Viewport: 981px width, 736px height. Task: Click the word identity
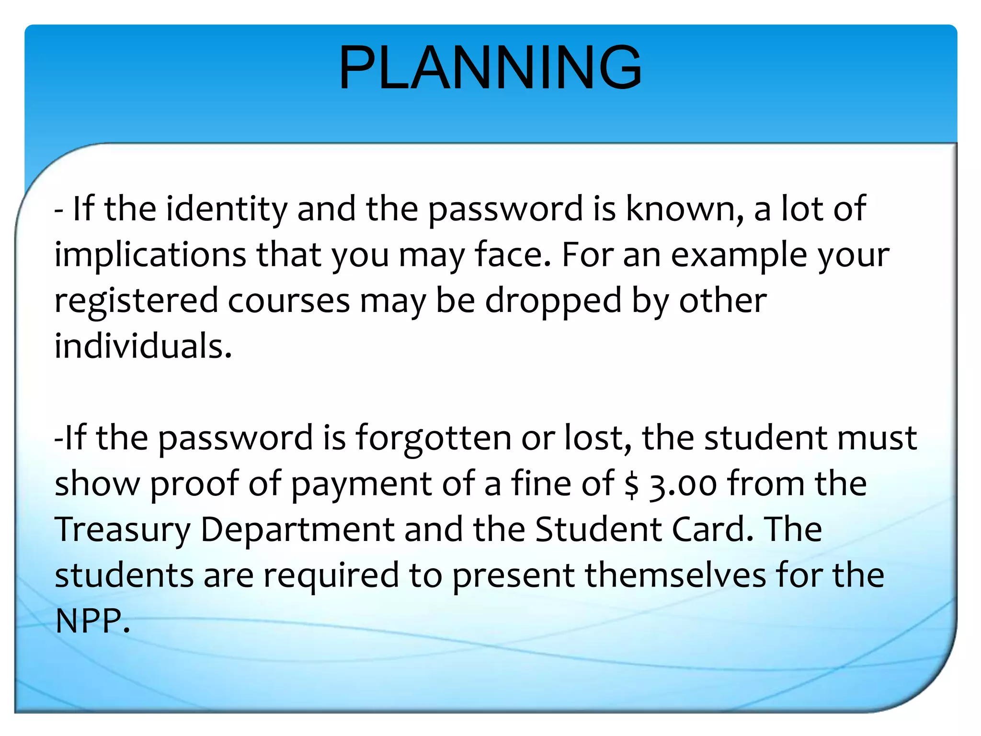tap(226, 209)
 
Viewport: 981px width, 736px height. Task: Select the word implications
tap(150, 255)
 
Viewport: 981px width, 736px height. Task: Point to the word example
tap(739, 255)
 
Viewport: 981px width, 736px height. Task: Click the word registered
tap(136, 301)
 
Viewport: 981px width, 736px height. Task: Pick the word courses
tap(289, 301)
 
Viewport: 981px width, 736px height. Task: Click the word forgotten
tap(433, 438)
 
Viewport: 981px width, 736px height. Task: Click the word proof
tap(194, 484)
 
